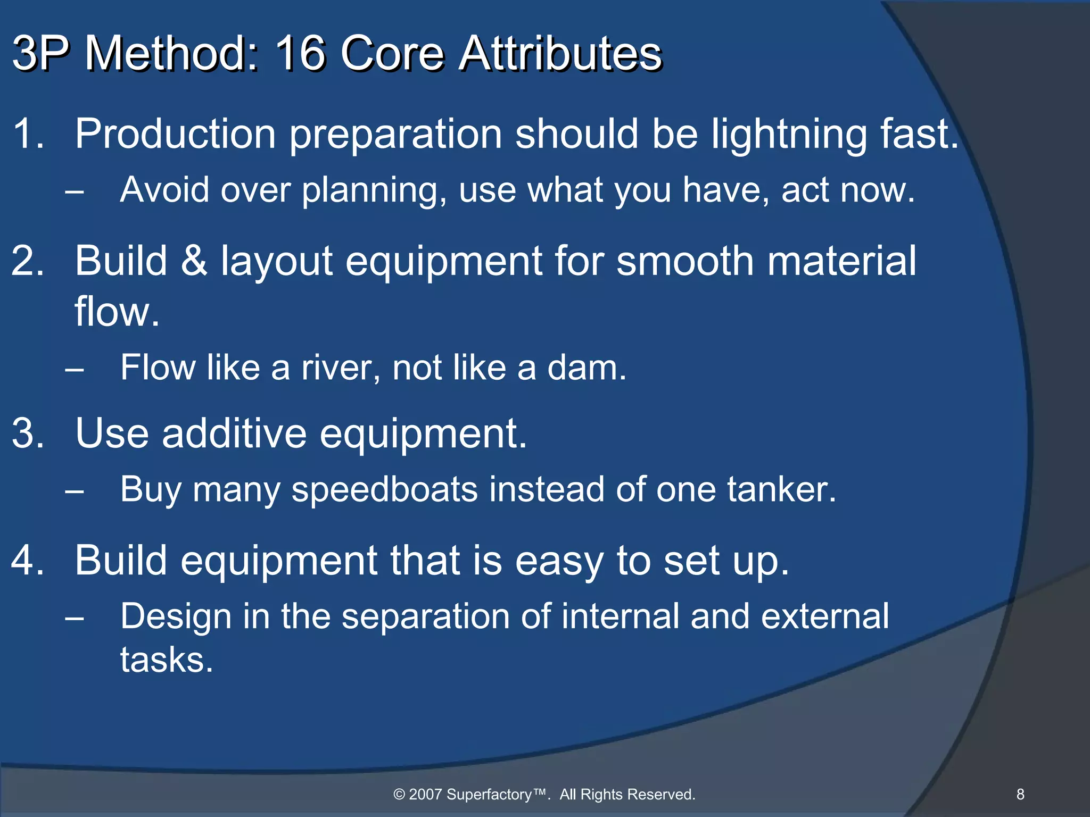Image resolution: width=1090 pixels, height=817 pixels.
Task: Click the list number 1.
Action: (x=27, y=133)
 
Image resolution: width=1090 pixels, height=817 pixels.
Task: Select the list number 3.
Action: (x=27, y=433)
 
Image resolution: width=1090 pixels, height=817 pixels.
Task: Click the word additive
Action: (x=234, y=433)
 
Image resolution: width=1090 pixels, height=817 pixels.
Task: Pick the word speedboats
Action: (x=384, y=489)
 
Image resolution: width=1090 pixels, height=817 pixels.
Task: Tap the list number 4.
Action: (x=27, y=561)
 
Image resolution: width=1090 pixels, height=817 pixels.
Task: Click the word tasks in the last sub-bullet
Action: (x=166, y=660)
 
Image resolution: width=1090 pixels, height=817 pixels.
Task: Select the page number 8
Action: (x=1020, y=794)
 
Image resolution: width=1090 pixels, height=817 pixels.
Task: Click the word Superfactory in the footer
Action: (x=489, y=795)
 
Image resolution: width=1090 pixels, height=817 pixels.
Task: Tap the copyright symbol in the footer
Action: (x=399, y=795)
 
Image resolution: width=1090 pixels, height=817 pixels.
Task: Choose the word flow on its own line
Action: (x=117, y=312)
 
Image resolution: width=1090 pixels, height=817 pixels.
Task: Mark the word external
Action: (x=825, y=617)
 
